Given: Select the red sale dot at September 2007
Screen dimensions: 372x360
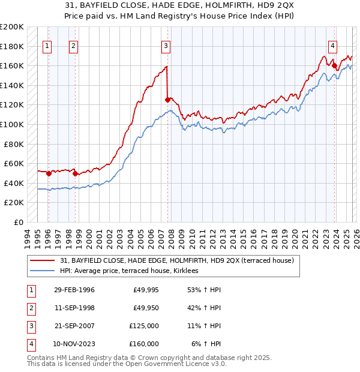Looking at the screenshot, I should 167,100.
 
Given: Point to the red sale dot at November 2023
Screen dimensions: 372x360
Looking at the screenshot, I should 334,66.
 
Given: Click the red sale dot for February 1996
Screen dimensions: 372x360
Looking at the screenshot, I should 49,173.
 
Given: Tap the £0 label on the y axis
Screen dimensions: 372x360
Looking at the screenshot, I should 19,222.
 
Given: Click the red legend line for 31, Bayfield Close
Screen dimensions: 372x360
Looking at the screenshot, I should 43,261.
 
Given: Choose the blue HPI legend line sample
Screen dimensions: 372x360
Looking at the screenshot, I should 43,271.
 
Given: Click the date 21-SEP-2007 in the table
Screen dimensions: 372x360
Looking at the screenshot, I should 74,326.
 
